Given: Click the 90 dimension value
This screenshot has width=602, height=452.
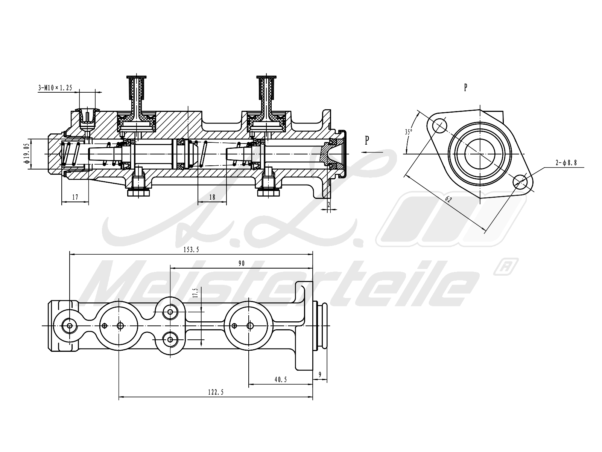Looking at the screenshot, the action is click(241, 263).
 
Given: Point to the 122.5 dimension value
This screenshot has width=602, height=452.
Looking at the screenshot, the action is click(216, 392).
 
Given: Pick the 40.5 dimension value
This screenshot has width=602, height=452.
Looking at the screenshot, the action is click(280, 380).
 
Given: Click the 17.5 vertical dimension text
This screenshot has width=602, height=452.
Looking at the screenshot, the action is click(195, 293).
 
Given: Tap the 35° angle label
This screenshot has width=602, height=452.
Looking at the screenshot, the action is click(409, 132).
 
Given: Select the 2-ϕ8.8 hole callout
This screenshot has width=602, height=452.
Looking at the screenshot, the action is click(566, 163).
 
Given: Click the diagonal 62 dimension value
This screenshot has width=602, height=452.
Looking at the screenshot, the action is click(448, 200).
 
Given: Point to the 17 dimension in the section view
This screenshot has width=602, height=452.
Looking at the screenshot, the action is click(75, 197).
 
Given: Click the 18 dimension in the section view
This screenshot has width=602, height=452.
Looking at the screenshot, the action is click(212, 197).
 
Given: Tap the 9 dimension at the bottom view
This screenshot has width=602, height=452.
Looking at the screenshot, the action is click(320, 374).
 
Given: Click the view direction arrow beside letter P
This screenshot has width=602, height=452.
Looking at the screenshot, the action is click(372, 152).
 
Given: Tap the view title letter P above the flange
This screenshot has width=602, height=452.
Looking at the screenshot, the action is click(465, 87).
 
